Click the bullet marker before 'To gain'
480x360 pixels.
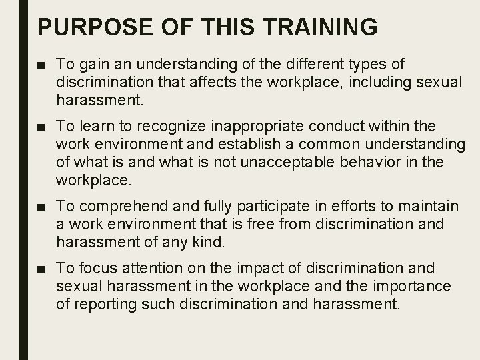(42, 65)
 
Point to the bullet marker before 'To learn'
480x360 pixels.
(42, 127)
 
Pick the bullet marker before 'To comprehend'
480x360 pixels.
(42, 207)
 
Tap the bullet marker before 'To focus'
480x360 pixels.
(42, 269)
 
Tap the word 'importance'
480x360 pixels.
(413, 286)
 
